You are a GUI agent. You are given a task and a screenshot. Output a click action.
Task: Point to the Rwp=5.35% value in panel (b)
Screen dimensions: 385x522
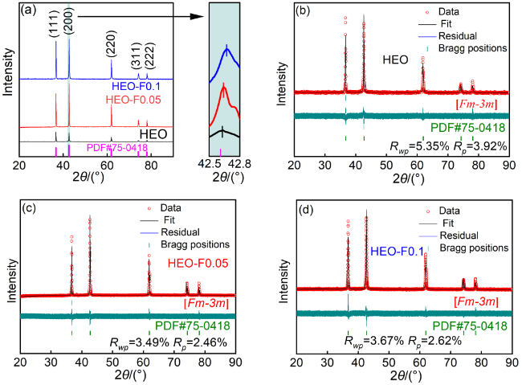tap(414, 145)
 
